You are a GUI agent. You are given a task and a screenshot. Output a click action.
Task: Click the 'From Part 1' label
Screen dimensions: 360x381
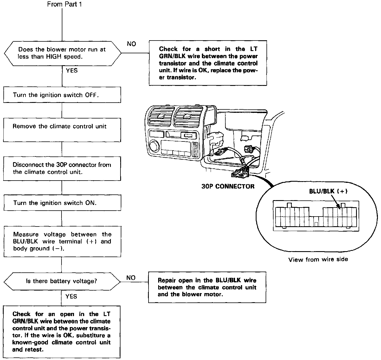click(x=64, y=4)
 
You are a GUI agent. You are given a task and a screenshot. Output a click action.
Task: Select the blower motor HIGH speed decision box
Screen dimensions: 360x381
click(x=62, y=53)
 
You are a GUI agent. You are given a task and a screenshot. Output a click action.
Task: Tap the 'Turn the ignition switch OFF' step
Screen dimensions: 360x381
click(x=62, y=95)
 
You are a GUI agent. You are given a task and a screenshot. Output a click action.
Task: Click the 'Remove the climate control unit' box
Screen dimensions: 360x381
click(x=62, y=130)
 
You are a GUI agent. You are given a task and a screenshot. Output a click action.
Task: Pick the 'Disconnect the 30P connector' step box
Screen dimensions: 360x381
click(x=62, y=168)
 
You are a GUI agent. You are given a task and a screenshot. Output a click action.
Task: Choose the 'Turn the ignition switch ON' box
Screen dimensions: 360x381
click(x=62, y=203)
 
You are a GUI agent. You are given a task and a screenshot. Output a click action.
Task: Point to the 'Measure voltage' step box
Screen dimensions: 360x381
click(x=62, y=242)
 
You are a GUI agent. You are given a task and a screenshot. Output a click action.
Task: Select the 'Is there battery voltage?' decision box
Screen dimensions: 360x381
click(x=62, y=281)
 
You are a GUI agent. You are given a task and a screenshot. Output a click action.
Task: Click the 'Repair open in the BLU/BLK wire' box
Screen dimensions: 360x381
click(x=207, y=287)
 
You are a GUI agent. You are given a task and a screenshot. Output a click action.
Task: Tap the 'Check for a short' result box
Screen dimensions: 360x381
click(x=208, y=63)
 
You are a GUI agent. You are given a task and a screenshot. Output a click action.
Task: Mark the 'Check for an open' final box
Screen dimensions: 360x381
click(x=62, y=332)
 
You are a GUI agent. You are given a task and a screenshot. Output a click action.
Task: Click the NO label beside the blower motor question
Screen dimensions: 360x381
click(x=131, y=44)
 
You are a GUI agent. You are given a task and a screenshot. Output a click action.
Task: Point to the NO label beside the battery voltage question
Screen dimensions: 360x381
click(x=131, y=278)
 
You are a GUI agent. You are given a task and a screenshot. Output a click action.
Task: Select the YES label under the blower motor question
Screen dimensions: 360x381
click(x=71, y=71)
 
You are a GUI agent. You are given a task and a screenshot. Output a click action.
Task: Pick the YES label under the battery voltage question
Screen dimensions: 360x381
click(x=71, y=297)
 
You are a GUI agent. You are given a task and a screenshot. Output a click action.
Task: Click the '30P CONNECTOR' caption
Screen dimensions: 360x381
click(x=228, y=186)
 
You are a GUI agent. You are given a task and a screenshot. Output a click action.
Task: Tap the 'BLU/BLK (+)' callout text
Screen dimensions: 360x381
click(x=328, y=191)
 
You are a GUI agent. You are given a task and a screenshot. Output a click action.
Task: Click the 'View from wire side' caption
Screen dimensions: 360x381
click(x=318, y=259)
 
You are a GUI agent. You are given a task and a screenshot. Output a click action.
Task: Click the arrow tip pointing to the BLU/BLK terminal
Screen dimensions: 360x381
click(x=340, y=209)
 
